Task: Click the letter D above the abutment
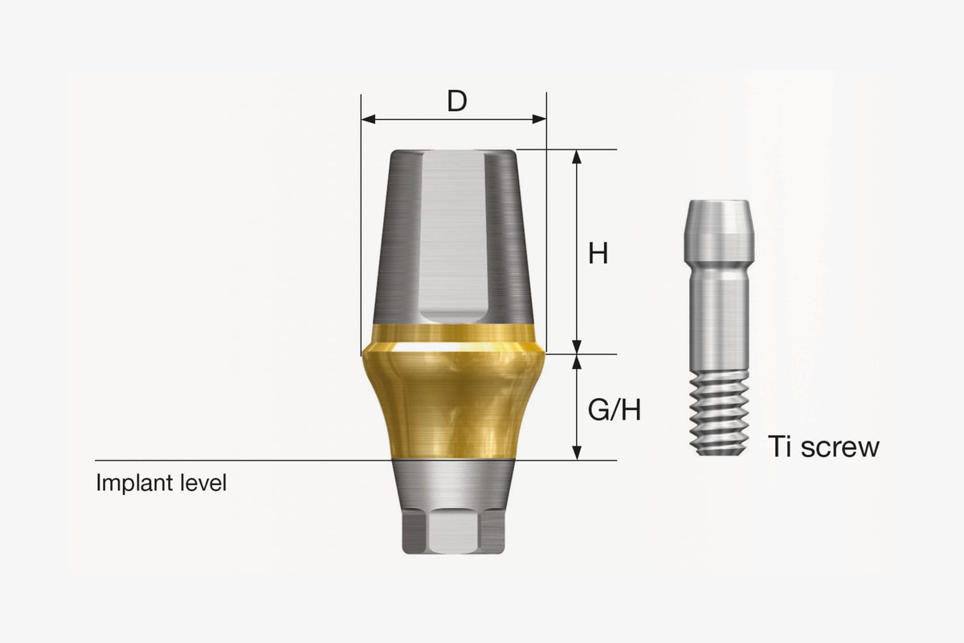456,100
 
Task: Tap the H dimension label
598,253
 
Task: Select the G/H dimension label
614,410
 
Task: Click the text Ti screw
823,446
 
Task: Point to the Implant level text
161,482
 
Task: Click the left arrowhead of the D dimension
368,119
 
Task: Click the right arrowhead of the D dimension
539,119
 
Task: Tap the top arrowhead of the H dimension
577,157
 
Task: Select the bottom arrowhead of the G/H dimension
577,453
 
